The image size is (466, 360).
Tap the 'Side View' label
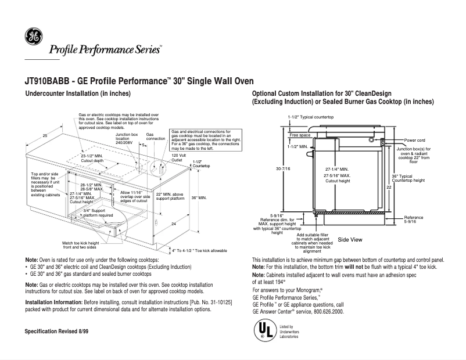point(350,239)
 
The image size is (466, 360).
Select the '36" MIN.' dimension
point(199,198)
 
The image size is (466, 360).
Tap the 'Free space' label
point(300,135)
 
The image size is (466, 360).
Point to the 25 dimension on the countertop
point(45,135)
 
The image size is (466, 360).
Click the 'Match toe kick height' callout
point(81,245)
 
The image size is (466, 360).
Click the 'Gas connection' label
point(155,137)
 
